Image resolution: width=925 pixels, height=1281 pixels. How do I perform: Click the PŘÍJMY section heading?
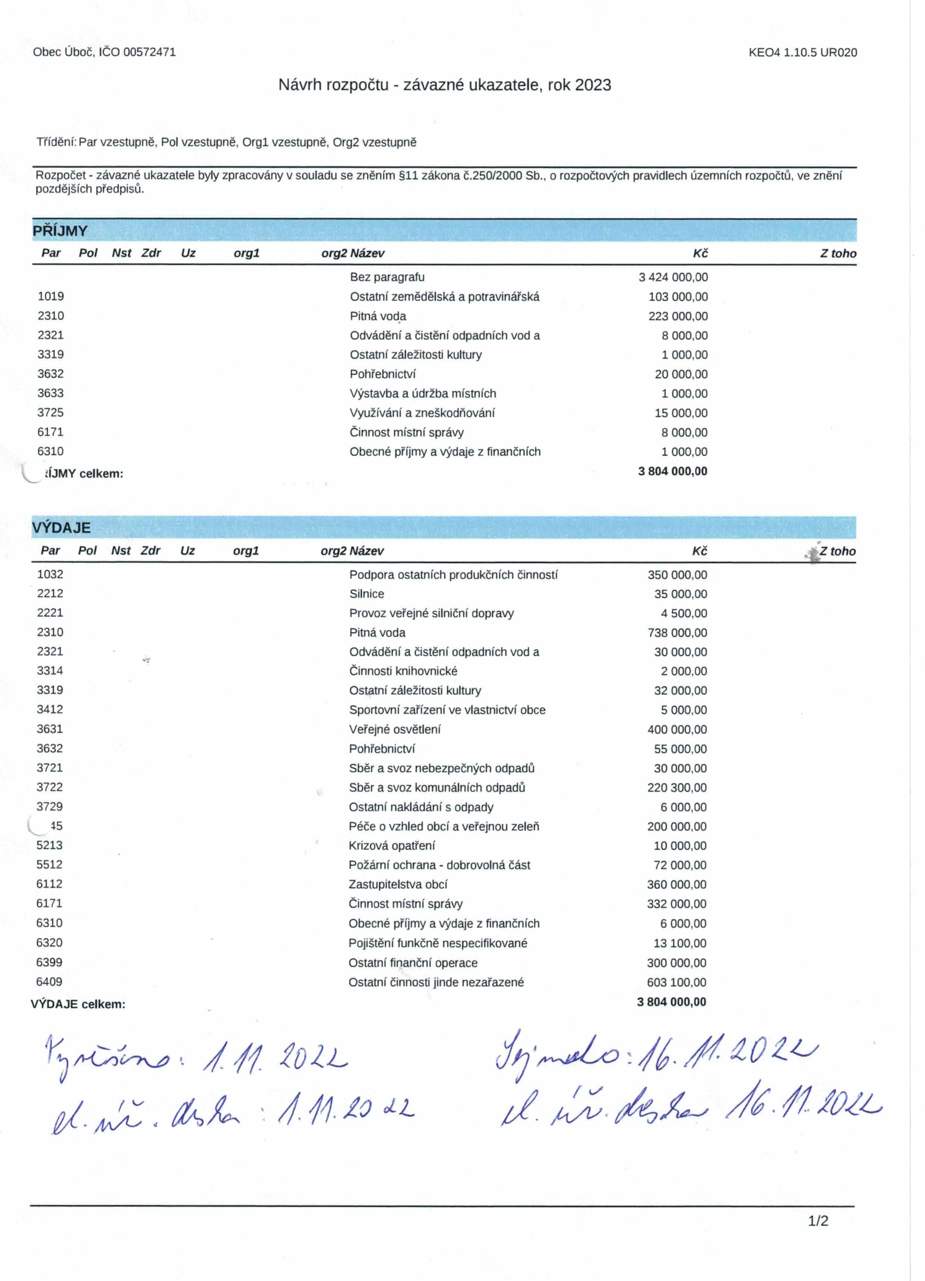tap(60, 231)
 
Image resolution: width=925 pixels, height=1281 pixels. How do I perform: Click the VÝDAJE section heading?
tap(61, 528)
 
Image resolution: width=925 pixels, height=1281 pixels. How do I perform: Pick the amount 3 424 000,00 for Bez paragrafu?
tap(673, 277)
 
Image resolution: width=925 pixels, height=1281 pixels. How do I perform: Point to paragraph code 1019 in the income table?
tap(51, 296)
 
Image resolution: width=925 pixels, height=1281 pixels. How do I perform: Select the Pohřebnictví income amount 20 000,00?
tap(681, 374)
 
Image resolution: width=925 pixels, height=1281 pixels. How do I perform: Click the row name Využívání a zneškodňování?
tap(422, 413)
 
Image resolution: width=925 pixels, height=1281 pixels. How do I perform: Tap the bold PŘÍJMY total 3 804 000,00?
tap(672, 471)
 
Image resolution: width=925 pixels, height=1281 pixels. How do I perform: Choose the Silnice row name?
tap(367, 594)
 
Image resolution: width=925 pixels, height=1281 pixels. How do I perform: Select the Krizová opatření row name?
tap(392, 845)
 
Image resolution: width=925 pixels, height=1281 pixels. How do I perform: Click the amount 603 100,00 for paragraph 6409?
tap(676, 982)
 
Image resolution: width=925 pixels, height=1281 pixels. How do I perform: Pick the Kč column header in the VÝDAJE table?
tap(700, 551)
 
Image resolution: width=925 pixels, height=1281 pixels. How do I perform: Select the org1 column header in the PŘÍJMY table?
tap(247, 254)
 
